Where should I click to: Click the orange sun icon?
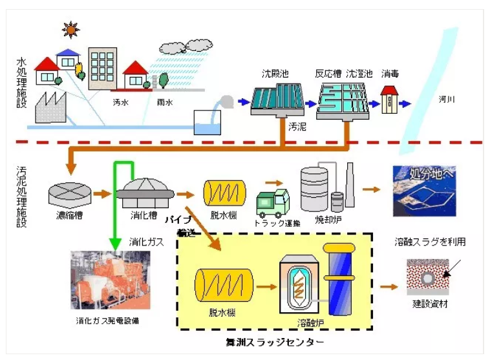tap(69, 30)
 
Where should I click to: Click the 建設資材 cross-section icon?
tap(427, 277)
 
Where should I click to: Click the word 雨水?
tap(165, 101)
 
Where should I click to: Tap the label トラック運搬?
tap(277, 224)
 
